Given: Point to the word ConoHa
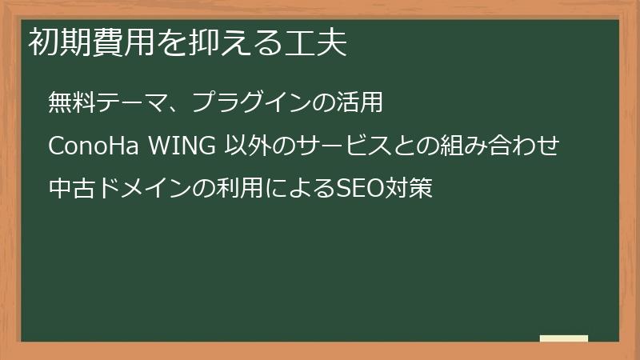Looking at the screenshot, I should pyautogui.click(x=94, y=147).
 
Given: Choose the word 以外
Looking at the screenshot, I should pyautogui.click(x=242, y=147).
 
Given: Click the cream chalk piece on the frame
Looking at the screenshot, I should pyautogui.click(x=564, y=338).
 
